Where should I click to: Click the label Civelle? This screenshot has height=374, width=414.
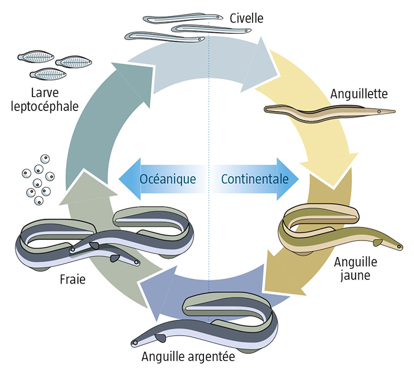(247, 18)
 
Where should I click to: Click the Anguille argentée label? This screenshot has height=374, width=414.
(187, 357)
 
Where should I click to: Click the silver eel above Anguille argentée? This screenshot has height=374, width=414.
(219, 319)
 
